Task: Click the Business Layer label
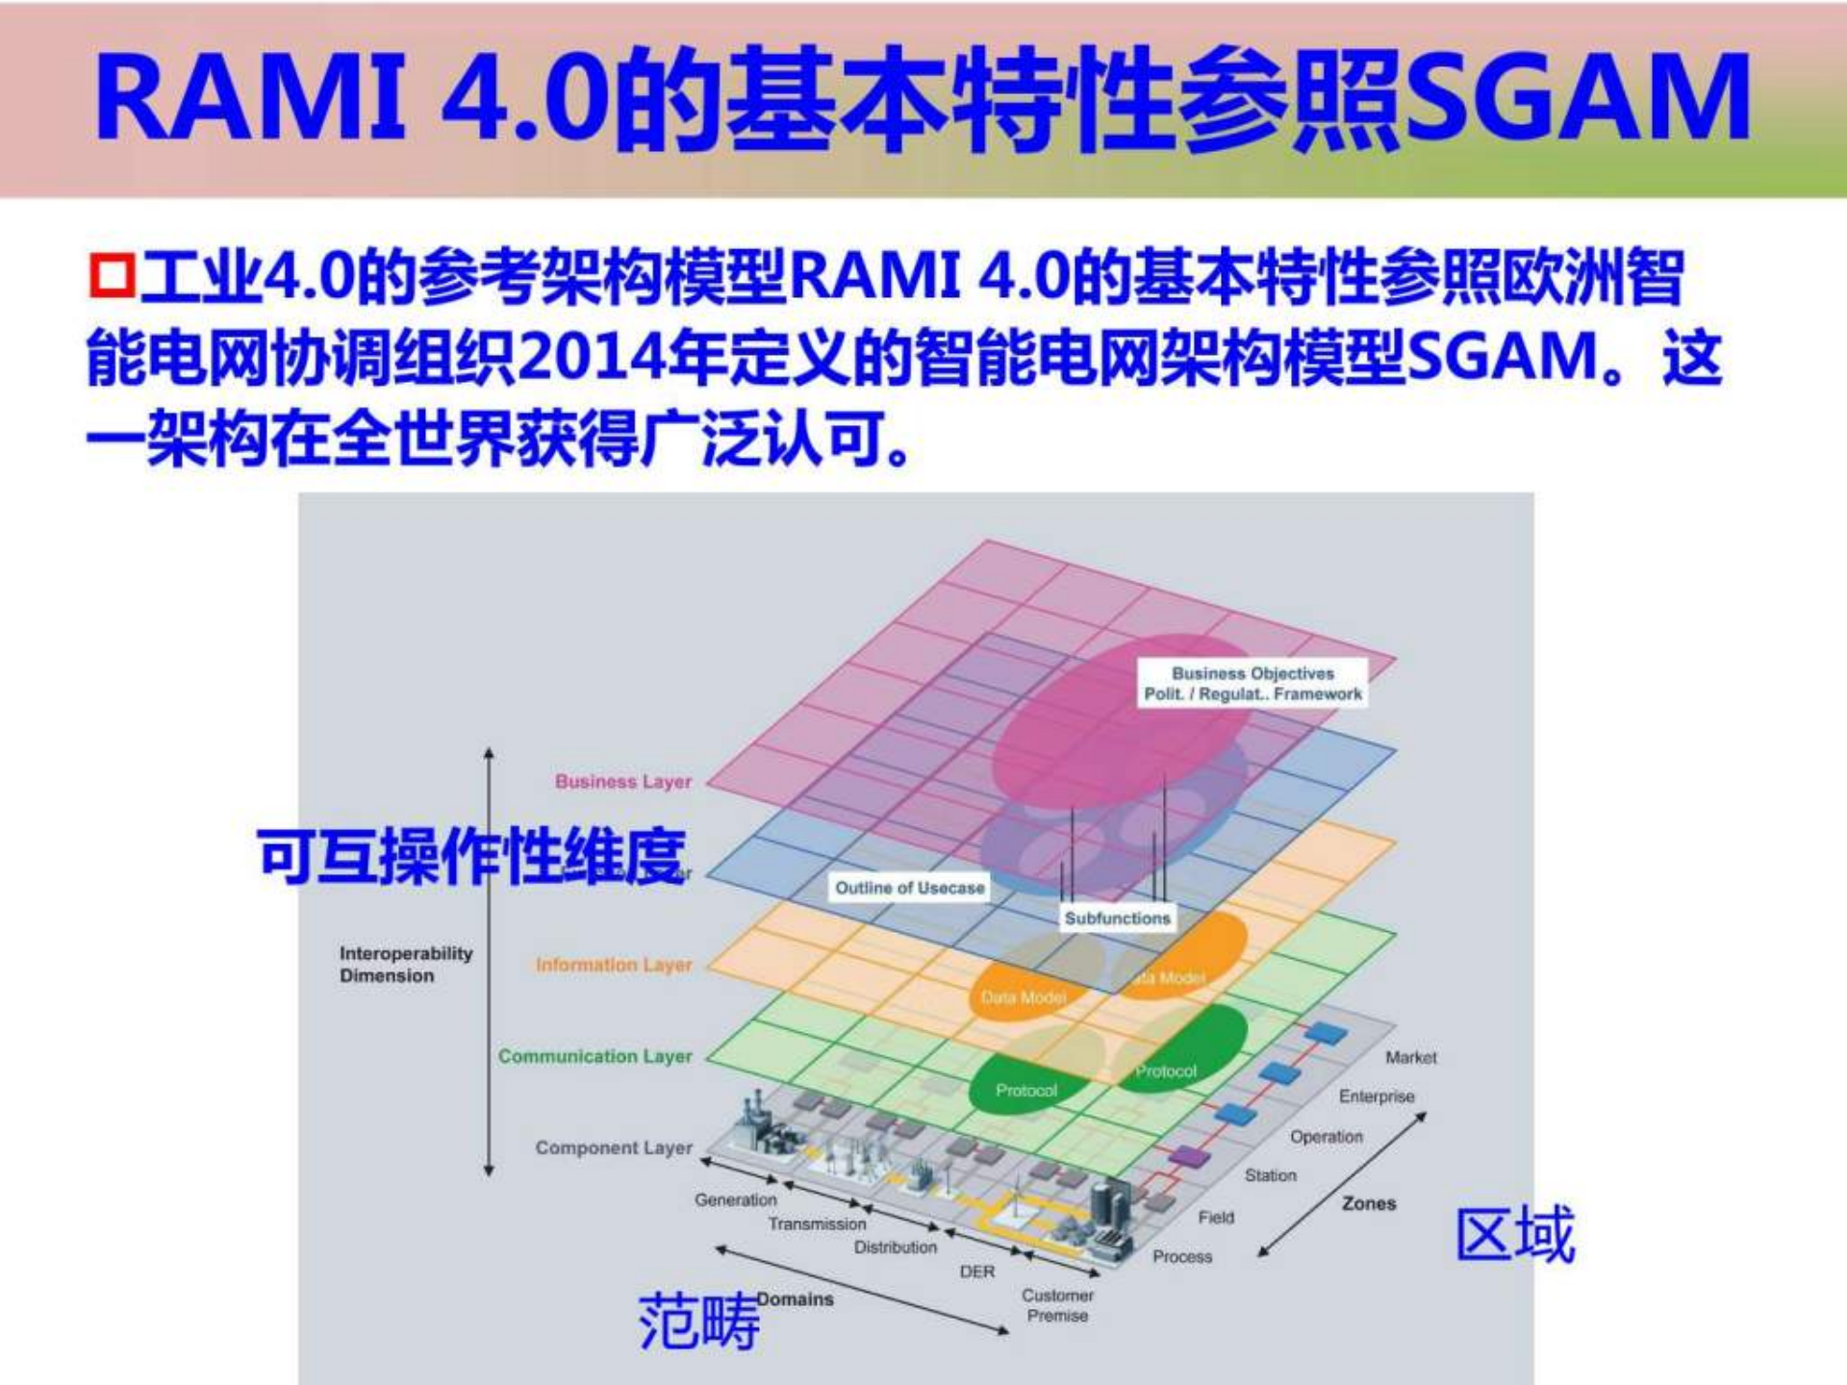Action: click(623, 782)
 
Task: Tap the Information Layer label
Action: click(614, 965)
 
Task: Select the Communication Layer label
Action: click(595, 1056)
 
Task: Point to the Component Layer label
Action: click(614, 1147)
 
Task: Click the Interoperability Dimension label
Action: click(405, 964)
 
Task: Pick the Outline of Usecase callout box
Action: click(909, 888)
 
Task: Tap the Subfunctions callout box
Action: click(1117, 919)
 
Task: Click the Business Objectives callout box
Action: click(1252, 684)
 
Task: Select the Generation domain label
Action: click(736, 1200)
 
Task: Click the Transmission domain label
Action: click(817, 1224)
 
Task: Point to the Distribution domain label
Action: click(896, 1247)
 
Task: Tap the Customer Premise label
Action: click(1057, 1305)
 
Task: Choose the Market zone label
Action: click(1410, 1058)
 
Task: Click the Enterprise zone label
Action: click(1377, 1096)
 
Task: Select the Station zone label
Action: click(1270, 1175)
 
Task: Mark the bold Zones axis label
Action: click(1369, 1203)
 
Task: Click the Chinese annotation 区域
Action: click(1515, 1235)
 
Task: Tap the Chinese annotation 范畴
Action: click(699, 1322)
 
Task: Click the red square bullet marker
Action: click(112, 276)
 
